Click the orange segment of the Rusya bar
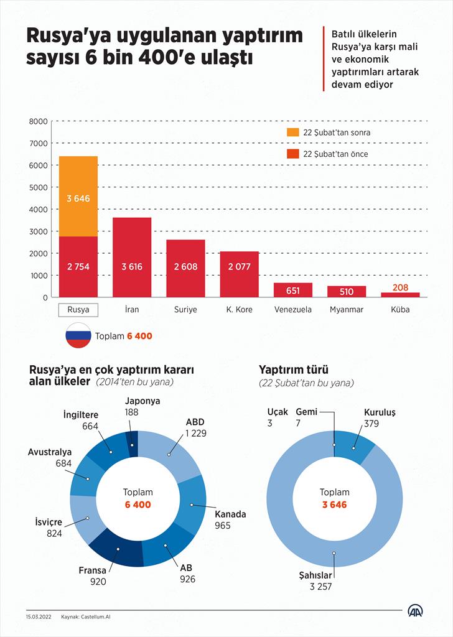78,196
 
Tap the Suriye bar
185,268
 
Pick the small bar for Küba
400,294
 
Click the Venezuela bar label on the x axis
292,309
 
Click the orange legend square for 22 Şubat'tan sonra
292,133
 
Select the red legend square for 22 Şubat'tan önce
292,154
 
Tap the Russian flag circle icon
78,336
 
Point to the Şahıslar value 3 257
322,587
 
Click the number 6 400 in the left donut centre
138,504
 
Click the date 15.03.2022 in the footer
39,617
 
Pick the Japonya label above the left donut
142,401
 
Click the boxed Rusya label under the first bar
78,309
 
